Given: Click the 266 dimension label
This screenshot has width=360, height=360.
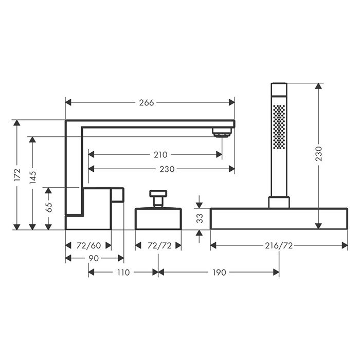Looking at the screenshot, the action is [147, 103].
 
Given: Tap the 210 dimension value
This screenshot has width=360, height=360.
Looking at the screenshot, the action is [160, 155].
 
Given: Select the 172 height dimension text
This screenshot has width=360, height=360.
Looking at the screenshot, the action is [17, 175].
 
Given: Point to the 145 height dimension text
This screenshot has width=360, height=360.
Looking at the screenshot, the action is [33, 177].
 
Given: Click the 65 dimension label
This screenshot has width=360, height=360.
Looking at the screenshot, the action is [49, 207].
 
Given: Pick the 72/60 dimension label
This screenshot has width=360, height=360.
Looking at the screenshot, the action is [88, 246].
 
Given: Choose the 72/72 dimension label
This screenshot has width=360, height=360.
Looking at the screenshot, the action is [159, 246].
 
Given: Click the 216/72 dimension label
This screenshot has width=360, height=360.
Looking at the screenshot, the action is [279, 246].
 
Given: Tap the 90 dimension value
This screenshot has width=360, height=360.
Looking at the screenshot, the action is [94, 258].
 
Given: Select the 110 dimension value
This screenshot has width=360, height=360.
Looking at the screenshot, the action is [123, 273].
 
